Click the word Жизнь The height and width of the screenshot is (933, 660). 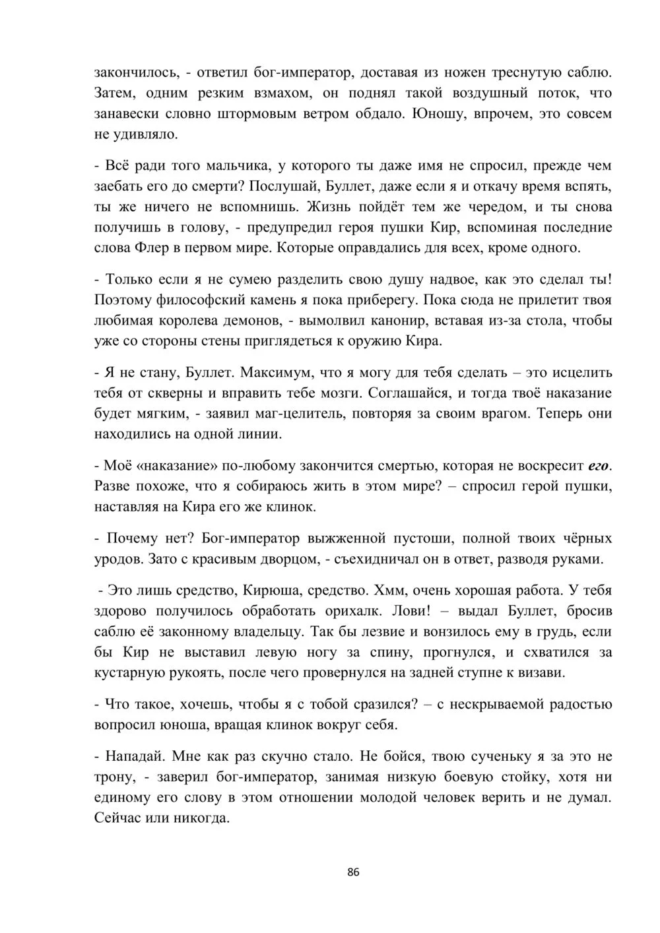[x=329, y=207]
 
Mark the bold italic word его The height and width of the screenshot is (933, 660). [x=598, y=466]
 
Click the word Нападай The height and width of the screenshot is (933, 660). [x=128, y=756]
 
